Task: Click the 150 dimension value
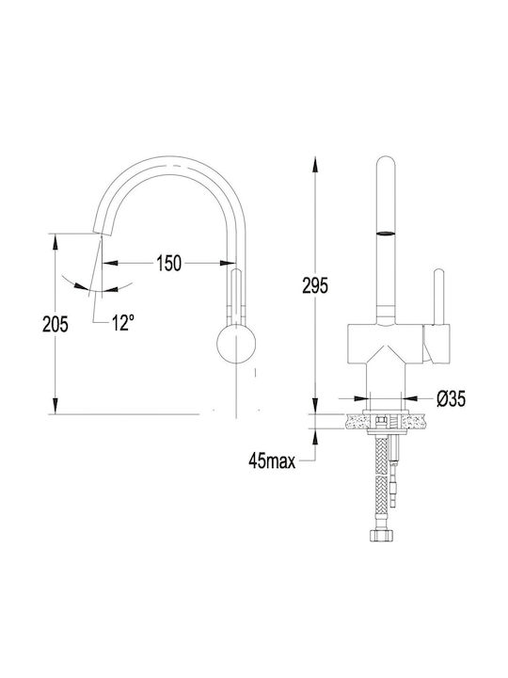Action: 169,263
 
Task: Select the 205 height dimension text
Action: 56,324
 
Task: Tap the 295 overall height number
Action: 315,285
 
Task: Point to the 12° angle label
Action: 122,323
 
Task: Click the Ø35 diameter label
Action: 451,398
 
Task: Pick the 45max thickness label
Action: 272,461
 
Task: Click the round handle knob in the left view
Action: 236,344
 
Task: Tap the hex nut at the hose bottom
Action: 382,535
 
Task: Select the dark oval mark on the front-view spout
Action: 386,234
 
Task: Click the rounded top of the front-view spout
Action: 386,163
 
